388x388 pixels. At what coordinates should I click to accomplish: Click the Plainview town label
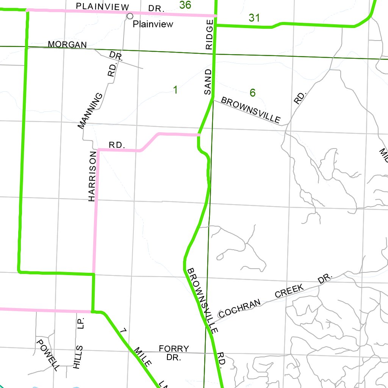pyautogui.click(x=153, y=24)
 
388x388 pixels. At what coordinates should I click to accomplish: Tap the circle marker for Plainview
pyautogui.click(x=130, y=16)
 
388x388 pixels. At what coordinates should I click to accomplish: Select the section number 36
pyautogui.click(x=185, y=5)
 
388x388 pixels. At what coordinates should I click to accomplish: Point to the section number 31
pyautogui.click(x=254, y=17)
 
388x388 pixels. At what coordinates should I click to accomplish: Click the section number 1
pyautogui.click(x=175, y=90)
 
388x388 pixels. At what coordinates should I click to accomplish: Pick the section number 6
pyautogui.click(x=253, y=92)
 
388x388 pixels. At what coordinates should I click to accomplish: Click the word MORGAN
pyautogui.click(x=67, y=44)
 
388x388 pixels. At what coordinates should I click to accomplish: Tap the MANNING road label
pyautogui.click(x=90, y=111)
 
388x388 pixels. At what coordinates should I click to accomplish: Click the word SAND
pyautogui.click(x=208, y=82)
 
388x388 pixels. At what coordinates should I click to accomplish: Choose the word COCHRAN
pyautogui.click(x=240, y=308)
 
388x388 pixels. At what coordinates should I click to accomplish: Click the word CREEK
pyautogui.click(x=289, y=291)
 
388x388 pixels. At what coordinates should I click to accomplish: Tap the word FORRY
pyautogui.click(x=174, y=349)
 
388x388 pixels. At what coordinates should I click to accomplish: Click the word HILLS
pyautogui.click(x=77, y=357)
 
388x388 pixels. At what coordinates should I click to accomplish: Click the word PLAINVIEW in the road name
pyautogui.click(x=103, y=6)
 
